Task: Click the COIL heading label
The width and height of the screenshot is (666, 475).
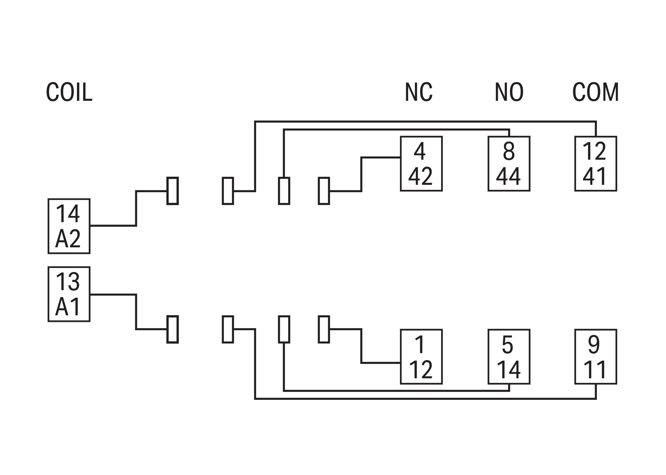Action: click(x=69, y=92)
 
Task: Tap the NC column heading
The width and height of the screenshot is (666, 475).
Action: click(x=418, y=92)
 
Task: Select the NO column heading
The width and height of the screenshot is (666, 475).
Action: click(x=509, y=92)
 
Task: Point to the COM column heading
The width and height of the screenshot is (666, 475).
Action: click(x=596, y=92)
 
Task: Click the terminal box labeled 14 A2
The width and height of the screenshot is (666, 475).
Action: click(x=69, y=226)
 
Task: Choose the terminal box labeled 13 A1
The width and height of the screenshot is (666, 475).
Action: click(x=69, y=294)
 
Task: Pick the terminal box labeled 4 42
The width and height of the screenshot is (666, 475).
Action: click(x=421, y=164)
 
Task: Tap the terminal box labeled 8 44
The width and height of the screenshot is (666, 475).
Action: click(x=509, y=164)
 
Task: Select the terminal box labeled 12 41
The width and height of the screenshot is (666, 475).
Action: click(x=596, y=164)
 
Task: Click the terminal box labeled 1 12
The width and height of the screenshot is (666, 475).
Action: click(x=421, y=356)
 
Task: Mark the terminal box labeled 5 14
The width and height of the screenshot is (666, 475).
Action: click(x=509, y=356)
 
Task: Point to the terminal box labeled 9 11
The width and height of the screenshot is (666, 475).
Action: click(x=596, y=356)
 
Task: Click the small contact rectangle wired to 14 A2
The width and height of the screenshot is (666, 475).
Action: click(x=173, y=191)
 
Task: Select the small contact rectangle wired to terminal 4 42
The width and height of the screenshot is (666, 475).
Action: click(x=324, y=191)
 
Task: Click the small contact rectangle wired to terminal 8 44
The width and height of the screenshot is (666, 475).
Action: click(x=284, y=191)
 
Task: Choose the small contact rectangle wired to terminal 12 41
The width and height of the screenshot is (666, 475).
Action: click(x=228, y=191)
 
